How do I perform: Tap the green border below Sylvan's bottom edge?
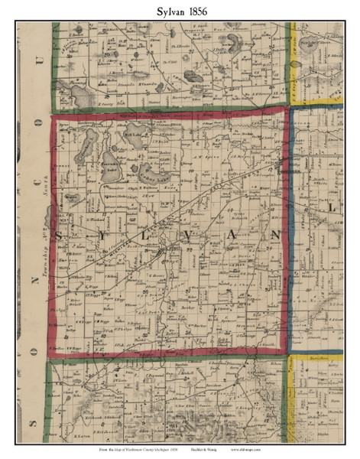pos(168,360)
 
